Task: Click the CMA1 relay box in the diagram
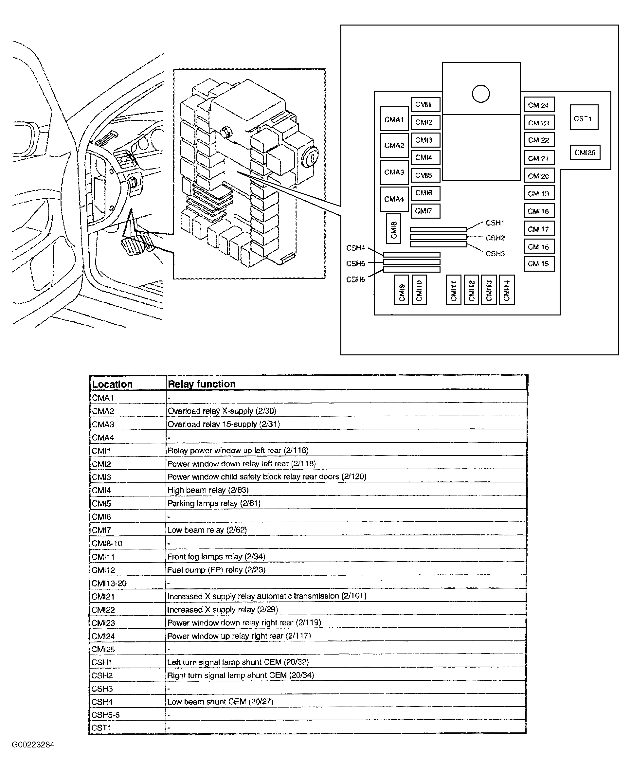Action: coord(394,119)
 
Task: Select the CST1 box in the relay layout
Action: coord(584,118)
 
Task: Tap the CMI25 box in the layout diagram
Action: coord(585,152)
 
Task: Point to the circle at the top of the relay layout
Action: coord(480,94)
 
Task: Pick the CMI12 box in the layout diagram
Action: coord(471,290)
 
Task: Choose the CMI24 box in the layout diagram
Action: coord(539,105)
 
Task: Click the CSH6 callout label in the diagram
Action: coord(355,279)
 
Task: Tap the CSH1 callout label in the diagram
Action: coord(495,223)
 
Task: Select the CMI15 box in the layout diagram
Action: coord(539,263)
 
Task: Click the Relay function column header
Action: coord(202,384)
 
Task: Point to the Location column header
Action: coord(112,384)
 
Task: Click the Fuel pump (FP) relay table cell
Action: coord(216,569)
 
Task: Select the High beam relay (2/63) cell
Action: coord(208,490)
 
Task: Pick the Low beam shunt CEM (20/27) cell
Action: coord(220,702)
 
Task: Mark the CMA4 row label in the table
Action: coord(103,438)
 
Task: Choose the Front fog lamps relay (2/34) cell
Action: coord(216,556)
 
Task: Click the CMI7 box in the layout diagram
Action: coord(425,211)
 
